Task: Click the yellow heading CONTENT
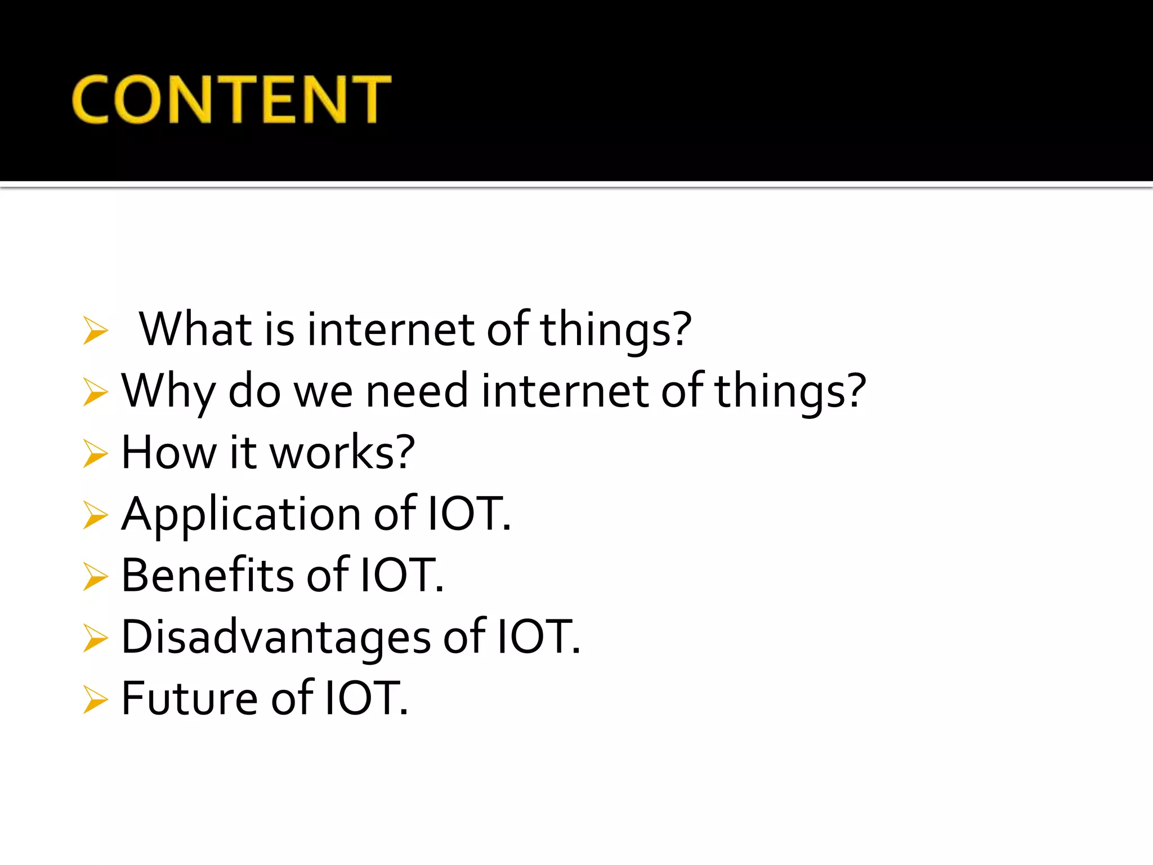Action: pos(231,99)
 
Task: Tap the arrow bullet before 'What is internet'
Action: pos(95,330)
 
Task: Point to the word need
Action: pos(417,391)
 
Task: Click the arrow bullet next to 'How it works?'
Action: pos(95,454)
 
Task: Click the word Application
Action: pos(241,515)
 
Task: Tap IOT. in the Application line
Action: pos(469,514)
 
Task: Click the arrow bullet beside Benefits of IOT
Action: pos(95,577)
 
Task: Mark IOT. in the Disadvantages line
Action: pos(538,636)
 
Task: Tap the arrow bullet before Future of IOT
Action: pos(95,700)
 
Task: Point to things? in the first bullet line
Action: pos(616,330)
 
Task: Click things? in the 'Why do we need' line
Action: pos(790,392)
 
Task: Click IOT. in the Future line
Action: pos(366,698)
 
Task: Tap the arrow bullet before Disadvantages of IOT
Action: pos(95,638)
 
